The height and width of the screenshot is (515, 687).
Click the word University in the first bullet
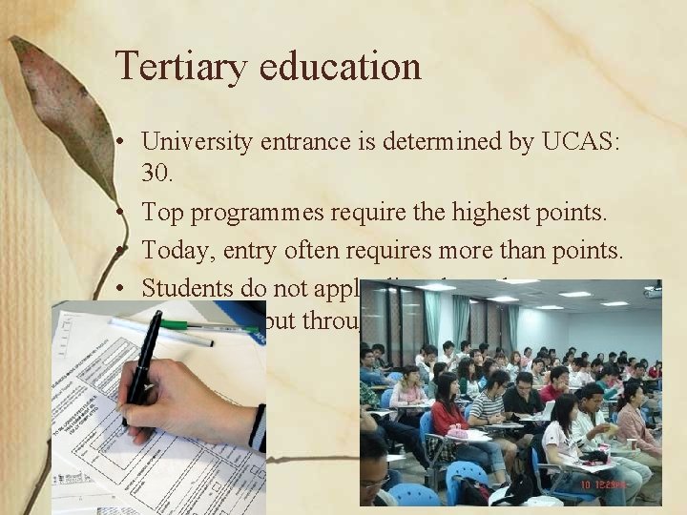coord(196,142)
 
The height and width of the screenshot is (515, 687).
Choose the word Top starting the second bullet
coord(162,213)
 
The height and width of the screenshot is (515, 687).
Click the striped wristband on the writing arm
coord(258,427)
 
